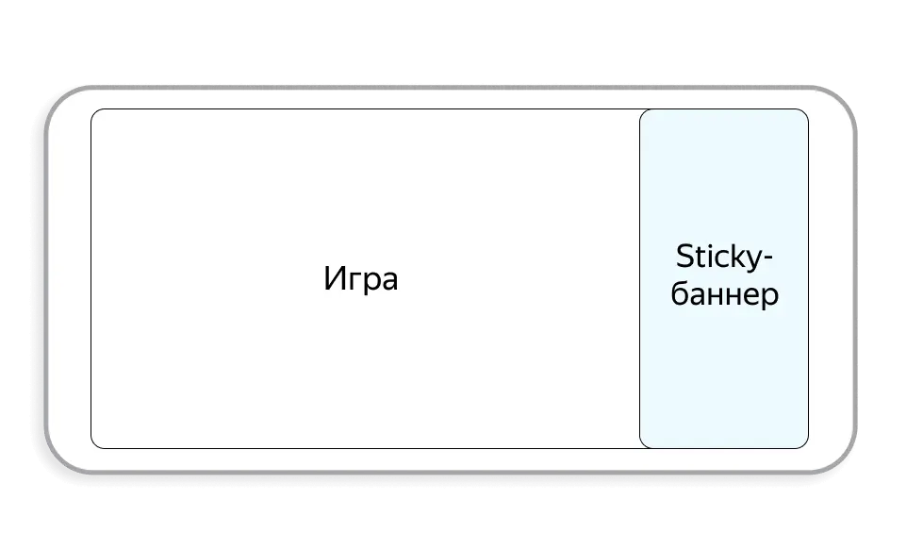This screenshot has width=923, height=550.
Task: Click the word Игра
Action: (x=361, y=279)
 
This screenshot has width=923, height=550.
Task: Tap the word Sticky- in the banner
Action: (x=723, y=258)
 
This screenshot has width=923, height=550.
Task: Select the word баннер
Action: (x=725, y=293)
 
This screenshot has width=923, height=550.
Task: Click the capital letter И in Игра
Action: (x=334, y=278)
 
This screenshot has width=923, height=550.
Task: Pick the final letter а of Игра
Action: (x=389, y=281)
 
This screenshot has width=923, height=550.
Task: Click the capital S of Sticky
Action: (x=684, y=257)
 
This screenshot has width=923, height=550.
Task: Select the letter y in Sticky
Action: (x=753, y=261)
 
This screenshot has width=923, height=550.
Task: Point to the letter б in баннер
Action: (x=680, y=293)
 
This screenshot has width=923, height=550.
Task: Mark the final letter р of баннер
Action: (x=771, y=296)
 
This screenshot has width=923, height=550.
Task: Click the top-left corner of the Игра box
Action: (x=94, y=112)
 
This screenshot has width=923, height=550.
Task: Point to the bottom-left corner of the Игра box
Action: (x=94, y=445)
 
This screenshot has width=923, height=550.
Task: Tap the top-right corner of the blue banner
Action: (x=805, y=112)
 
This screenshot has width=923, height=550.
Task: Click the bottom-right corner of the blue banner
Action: (x=805, y=445)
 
